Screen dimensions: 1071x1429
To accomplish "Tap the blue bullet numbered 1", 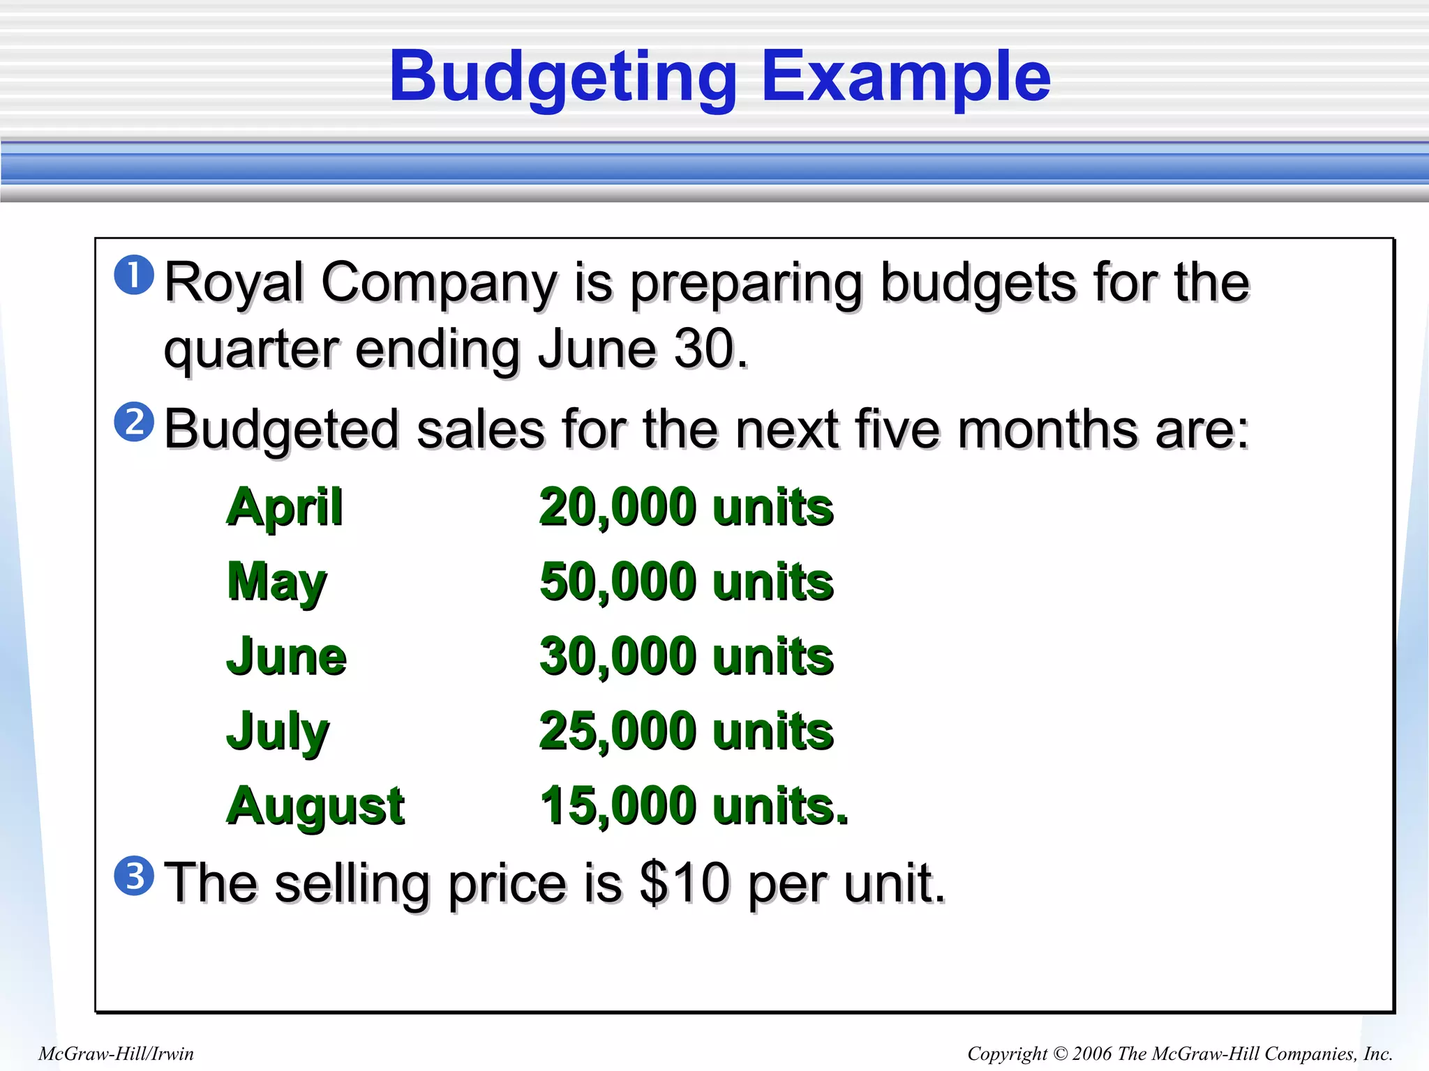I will pos(134,275).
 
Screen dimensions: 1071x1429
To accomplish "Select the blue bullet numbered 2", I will pos(134,422).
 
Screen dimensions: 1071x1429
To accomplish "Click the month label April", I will pos(285,507).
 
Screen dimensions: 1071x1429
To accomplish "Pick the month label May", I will pos(277,582).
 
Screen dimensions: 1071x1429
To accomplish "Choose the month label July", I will pos(278,731).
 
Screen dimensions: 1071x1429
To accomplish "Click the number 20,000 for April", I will pos(618,507).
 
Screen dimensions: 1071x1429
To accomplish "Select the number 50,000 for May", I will pos(618,582).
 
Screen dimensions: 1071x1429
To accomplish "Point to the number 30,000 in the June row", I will pos(618,656).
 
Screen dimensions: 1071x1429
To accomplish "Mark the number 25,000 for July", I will pos(618,731).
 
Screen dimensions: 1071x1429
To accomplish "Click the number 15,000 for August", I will pos(618,806).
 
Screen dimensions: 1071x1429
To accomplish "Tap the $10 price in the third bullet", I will pos(685,883).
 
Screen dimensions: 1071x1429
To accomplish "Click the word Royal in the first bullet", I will pos(234,283).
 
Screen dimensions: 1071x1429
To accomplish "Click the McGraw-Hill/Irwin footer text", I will pos(116,1054).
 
